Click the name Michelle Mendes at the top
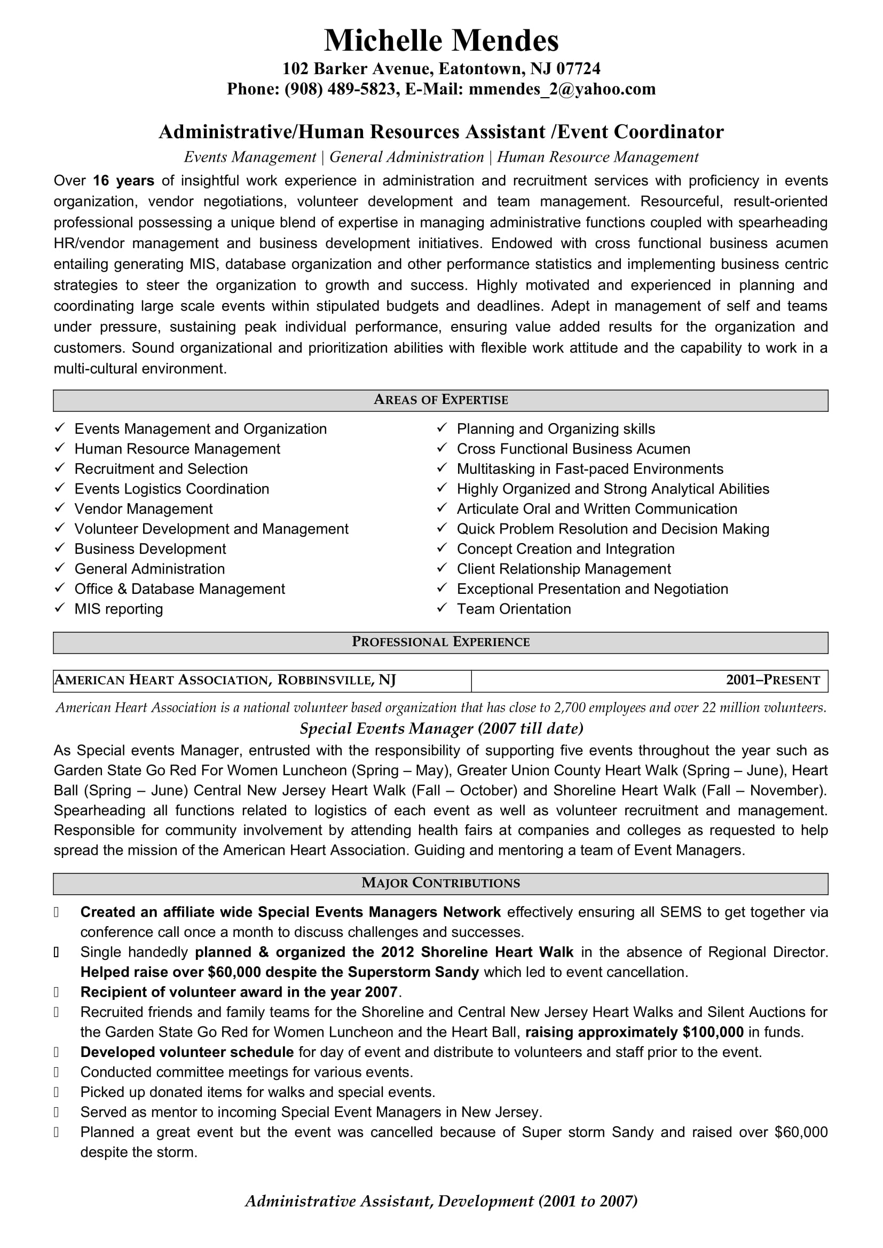[x=441, y=41]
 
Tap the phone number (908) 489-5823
[x=340, y=89]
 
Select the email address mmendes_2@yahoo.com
[x=562, y=89]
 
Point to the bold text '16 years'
[x=123, y=180]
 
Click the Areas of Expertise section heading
[x=440, y=400]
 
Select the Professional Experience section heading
[x=440, y=642]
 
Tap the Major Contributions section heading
[x=440, y=883]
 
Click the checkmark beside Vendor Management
[x=60, y=508]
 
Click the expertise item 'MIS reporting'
[x=119, y=609]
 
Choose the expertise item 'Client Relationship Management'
[x=563, y=569]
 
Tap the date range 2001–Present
[x=772, y=680]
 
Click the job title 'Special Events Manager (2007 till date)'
[x=441, y=728]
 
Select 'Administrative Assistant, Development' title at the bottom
[x=389, y=1201]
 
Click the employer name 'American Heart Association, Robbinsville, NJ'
[x=225, y=680]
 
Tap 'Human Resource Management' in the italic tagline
[x=597, y=157]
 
